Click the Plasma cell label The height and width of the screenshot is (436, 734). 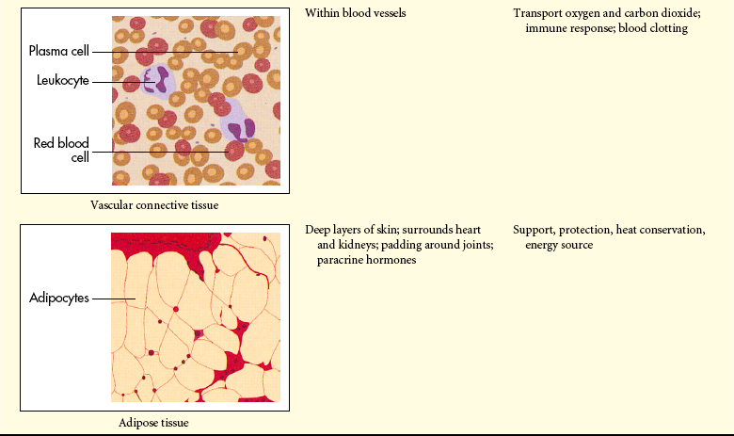coord(59,51)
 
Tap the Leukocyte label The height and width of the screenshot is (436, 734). coord(63,81)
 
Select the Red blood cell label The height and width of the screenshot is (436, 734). coord(61,150)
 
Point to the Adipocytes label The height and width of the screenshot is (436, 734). coord(59,298)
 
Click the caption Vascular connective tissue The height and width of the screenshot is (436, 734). coord(154,205)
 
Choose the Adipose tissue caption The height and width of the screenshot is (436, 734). coord(153,423)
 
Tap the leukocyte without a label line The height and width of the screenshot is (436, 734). coord(240,126)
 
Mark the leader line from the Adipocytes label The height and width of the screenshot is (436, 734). coord(114,299)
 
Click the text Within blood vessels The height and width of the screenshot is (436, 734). coord(356,13)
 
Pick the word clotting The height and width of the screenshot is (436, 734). coord(668,28)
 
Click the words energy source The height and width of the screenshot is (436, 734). coord(559,246)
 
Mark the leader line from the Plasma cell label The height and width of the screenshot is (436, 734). coord(166,52)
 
